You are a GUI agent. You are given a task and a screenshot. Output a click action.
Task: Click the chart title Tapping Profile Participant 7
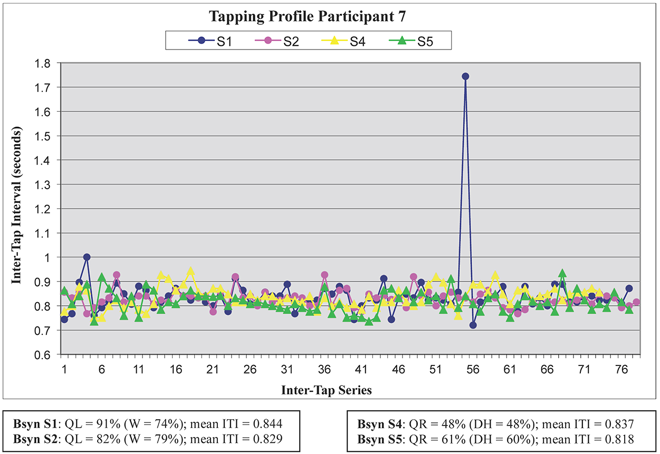(x=308, y=16)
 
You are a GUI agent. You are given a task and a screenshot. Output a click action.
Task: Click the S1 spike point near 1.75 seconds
(x=465, y=76)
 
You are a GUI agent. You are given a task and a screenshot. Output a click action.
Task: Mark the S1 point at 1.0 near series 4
(x=87, y=257)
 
